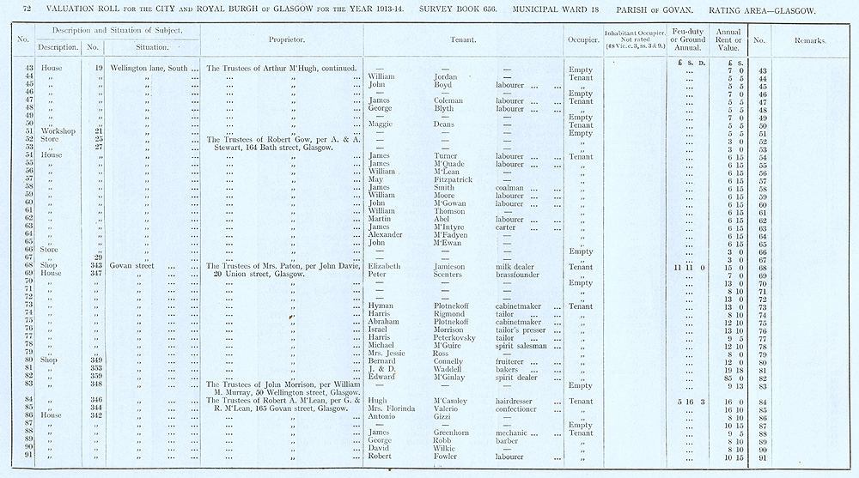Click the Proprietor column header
click(x=283, y=39)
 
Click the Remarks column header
click(x=810, y=40)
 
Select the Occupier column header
click(x=582, y=39)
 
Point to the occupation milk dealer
click(x=515, y=266)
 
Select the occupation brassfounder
click(x=520, y=274)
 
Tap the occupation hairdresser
click(x=517, y=401)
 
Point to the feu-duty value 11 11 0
click(x=689, y=267)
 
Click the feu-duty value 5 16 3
click(x=689, y=401)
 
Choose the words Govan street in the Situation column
click(x=131, y=266)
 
